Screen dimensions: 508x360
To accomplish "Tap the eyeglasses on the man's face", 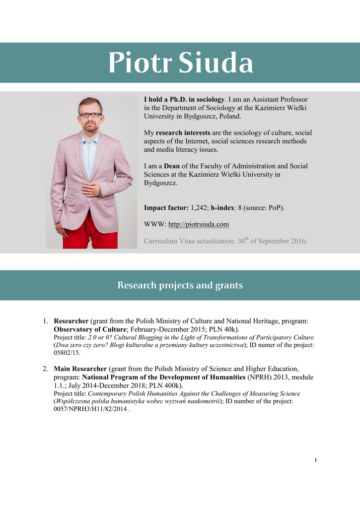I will (x=90, y=115).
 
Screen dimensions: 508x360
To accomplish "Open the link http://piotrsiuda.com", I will (x=199, y=224).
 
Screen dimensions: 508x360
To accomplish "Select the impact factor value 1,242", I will (x=187, y=208).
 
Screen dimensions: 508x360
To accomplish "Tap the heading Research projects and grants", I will (x=180, y=285).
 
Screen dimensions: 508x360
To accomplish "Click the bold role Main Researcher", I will (x=80, y=369).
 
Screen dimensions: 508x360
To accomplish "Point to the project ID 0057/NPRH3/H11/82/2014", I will (x=90, y=409).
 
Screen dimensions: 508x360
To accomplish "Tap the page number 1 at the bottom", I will (x=315, y=460).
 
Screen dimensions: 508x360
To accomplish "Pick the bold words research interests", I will (x=183, y=133).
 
